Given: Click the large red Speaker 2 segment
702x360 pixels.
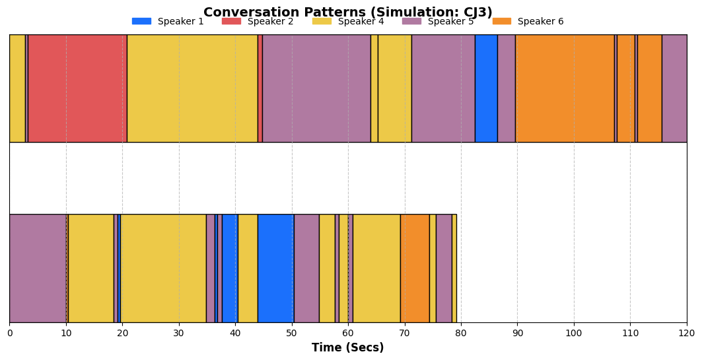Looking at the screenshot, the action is pyautogui.click(x=77, y=89).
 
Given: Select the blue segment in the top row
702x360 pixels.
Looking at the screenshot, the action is pyautogui.click(x=486, y=89).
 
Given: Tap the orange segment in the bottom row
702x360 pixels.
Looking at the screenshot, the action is pyautogui.click(x=415, y=268).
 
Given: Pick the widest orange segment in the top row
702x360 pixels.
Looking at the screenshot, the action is pyautogui.click(x=565, y=89).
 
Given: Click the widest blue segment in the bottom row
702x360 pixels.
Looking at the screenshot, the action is pyautogui.click(x=276, y=268).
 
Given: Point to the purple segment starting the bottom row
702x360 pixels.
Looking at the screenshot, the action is pyautogui.click(x=38, y=268).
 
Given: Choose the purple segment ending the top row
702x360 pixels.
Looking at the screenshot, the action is pyautogui.click(x=675, y=89).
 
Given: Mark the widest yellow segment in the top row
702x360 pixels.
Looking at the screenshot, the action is pyautogui.click(x=193, y=89).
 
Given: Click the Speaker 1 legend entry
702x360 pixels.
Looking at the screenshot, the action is pyautogui.click(x=168, y=21).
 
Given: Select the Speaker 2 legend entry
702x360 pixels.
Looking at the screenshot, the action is pyautogui.click(x=258, y=21).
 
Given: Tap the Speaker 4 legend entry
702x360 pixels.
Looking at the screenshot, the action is pyautogui.click(x=348, y=21).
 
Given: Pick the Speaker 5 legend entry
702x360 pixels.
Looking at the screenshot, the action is pyautogui.click(x=438, y=21).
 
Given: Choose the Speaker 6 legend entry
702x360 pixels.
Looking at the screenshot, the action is pyautogui.click(x=528, y=21).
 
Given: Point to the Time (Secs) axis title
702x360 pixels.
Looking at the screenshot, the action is pyautogui.click(x=348, y=347).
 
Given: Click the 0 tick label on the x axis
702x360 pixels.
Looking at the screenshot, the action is pyautogui.click(x=10, y=333).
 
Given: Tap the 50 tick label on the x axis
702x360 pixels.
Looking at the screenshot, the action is pyautogui.click(x=292, y=333).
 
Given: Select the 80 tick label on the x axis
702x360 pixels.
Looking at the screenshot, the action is pyautogui.click(x=461, y=333).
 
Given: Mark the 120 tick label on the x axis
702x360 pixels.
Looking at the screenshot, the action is pyautogui.click(x=687, y=333).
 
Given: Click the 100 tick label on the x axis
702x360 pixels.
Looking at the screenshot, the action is pyautogui.click(x=574, y=333).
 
